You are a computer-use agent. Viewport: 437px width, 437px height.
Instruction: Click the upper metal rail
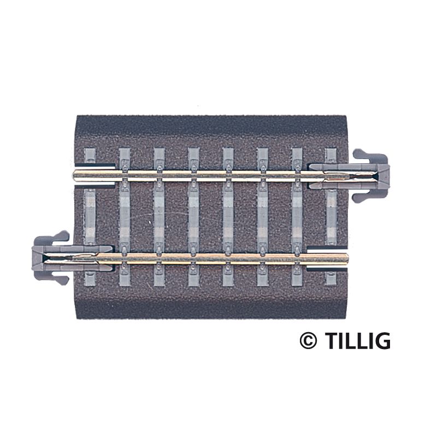[218, 174]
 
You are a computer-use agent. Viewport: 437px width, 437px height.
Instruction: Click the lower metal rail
[218, 257]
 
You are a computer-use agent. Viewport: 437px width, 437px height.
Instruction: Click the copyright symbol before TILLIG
[308, 340]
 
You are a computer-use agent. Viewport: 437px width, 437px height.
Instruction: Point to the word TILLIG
[358, 340]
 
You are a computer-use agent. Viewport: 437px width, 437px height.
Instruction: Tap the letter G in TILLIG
[382, 340]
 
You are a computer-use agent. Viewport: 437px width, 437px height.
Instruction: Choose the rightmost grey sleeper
[332, 215]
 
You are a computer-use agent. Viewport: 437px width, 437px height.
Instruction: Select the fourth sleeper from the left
[194, 215]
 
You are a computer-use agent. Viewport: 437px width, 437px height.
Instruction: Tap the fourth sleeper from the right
[228, 215]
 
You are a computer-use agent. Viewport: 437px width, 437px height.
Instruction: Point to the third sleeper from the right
[263, 215]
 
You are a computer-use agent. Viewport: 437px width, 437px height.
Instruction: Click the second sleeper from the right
[297, 215]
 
